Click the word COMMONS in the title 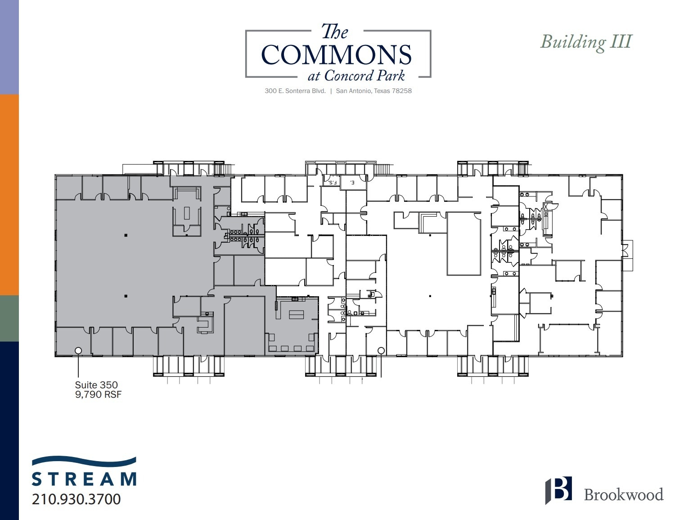point(336,55)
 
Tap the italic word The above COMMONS point(334,32)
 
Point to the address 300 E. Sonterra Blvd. point(295,91)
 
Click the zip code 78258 point(402,91)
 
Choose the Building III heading point(586,42)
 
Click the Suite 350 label point(96,385)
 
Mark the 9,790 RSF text point(98,395)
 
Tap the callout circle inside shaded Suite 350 point(78,350)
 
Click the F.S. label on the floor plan point(332,182)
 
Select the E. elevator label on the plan point(352,182)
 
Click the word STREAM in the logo point(84,479)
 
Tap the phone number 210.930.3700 point(76,499)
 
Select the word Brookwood point(623,494)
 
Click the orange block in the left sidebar point(9,194)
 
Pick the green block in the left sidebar point(9,318)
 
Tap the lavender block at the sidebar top point(9,47)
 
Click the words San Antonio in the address point(354,91)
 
